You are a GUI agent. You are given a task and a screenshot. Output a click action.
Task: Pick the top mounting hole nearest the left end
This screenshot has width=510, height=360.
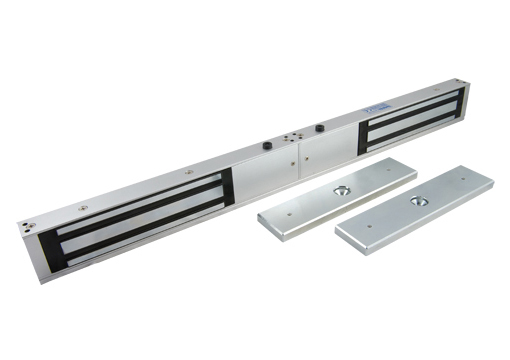[x=82, y=207]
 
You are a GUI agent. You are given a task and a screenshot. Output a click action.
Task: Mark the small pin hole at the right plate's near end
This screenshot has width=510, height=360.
[x=369, y=226]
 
